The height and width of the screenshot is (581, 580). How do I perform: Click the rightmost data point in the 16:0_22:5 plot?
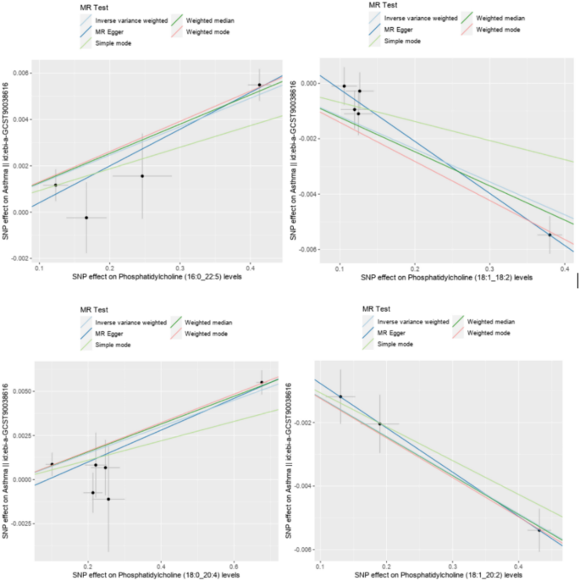260,85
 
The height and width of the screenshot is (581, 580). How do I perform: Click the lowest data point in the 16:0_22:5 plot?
86,218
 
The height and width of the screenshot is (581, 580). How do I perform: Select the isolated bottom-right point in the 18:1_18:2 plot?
550,235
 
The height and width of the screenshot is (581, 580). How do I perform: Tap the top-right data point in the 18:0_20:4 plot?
262,382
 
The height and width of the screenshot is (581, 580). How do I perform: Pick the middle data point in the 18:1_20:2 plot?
379,423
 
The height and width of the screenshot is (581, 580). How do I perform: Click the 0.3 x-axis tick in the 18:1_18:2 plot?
489,268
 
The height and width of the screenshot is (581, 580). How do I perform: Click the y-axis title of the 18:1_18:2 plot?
296,159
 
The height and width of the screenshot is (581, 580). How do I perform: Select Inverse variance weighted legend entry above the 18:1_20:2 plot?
412,322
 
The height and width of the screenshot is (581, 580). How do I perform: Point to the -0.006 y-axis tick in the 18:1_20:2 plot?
304,550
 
